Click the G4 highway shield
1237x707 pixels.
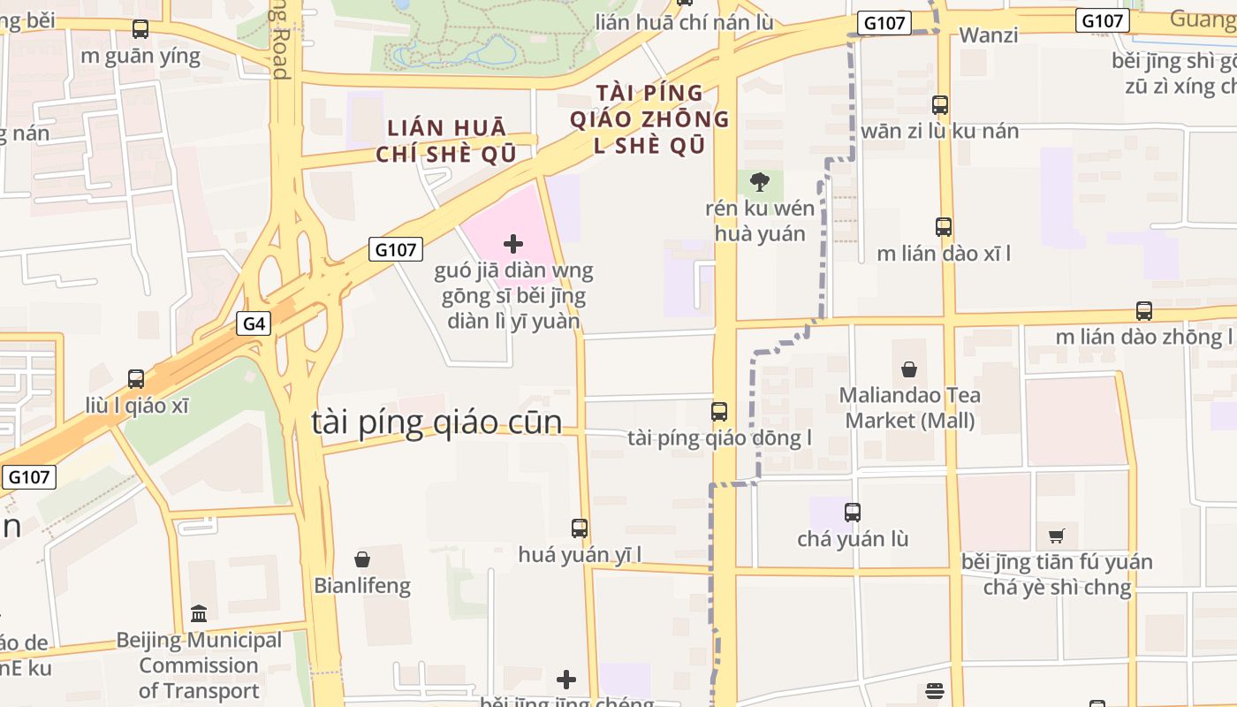[254, 324]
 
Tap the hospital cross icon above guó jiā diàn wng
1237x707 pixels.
[513, 244]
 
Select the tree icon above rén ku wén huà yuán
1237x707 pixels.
[759, 183]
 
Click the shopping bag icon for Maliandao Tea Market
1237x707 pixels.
[909, 369]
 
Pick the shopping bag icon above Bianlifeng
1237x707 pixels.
[362, 559]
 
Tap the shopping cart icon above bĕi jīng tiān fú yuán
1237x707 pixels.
[1057, 536]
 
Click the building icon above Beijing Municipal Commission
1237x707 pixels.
[199, 613]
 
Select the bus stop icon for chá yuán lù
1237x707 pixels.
[853, 513]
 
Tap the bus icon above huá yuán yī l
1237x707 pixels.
[580, 528]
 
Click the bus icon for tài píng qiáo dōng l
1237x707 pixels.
[719, 412]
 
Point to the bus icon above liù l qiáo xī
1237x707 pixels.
[136, 379]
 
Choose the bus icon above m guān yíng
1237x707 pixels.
[140, 30]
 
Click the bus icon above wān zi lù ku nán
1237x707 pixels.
[940, 105]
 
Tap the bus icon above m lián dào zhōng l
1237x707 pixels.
[1144, 311]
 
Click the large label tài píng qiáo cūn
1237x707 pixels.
[436, 422]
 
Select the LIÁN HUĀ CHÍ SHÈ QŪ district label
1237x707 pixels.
[446, 141]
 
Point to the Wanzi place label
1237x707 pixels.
[989, 35]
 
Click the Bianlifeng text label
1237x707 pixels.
[362, 586]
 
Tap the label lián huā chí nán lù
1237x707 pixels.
[684, 22]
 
